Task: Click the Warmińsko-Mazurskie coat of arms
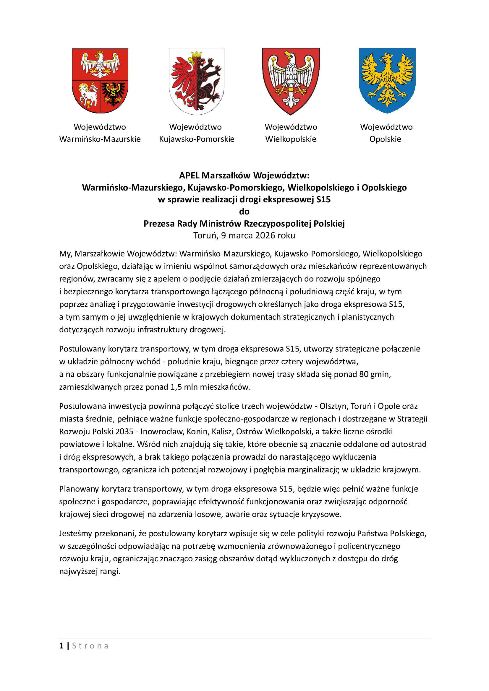point(100,81)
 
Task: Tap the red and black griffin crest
point(196,81)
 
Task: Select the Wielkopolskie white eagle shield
point(291,81)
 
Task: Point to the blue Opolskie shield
point(387,81)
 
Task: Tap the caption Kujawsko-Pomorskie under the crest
point(197,139)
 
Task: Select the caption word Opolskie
point(385,139)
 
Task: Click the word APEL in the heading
point(190,175)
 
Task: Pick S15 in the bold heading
point(323,199)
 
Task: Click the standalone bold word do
point(244,212)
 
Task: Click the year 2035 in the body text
point(124,431)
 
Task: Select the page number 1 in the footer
point(61,646)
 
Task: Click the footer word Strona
point(90,646)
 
